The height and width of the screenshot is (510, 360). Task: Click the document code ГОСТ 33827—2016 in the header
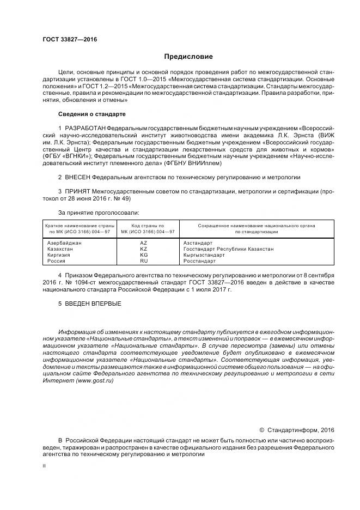pyautogui.click(x=65, y=40)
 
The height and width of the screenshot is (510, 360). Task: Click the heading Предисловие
pyautogui.click(x=189, y=57)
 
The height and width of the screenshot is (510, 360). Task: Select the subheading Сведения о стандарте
pyautogui.click(x=91, y=114)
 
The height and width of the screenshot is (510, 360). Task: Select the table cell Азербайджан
pyautogui.click(x=64, y=242)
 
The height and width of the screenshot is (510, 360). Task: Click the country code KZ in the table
pyautogui.click(x=144, y=248)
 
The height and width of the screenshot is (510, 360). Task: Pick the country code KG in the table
pyautogui.click(x=144, y=255)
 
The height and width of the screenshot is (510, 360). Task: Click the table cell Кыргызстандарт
pyautogui.click(x=204, y=255)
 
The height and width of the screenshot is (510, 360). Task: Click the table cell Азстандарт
pyautogui.click(x=198, y=242)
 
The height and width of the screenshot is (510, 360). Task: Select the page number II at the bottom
pyautogui.click(x=44, y=467)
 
